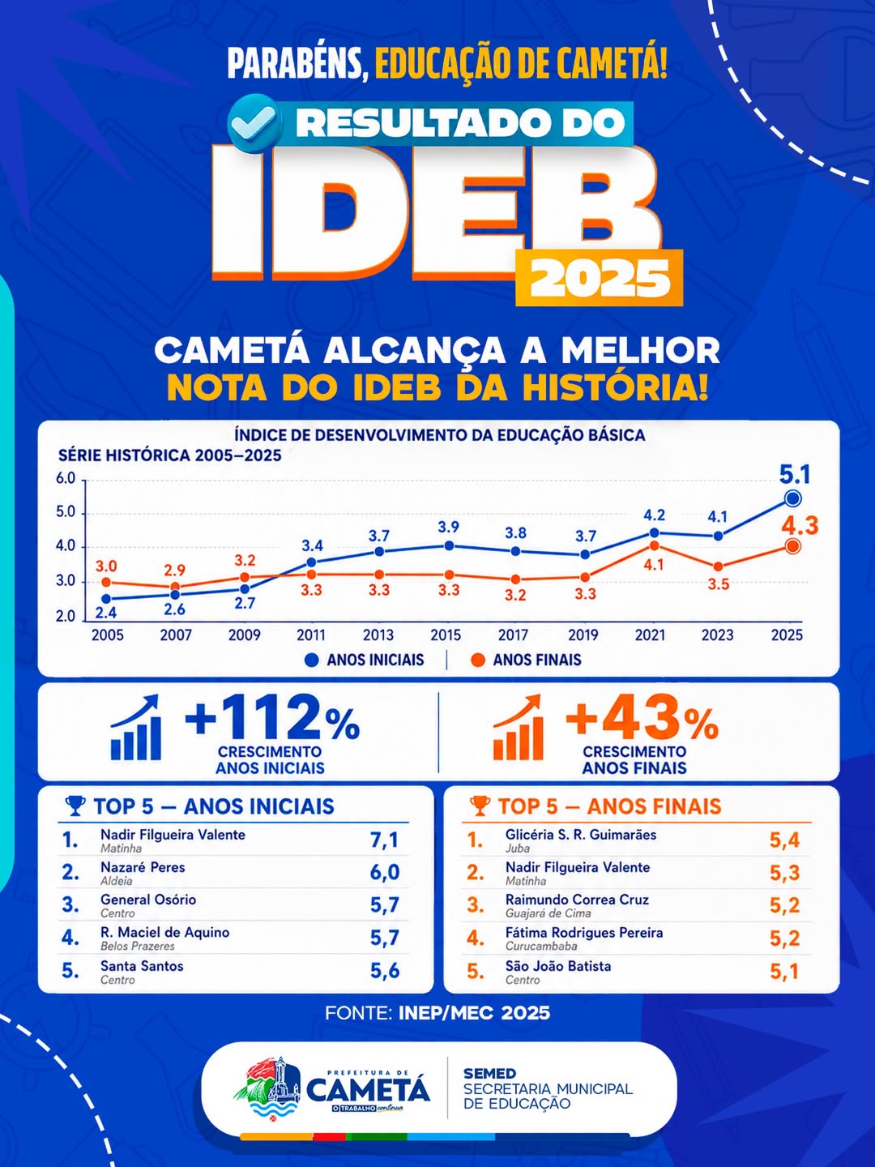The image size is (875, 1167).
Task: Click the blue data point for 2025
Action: coord(792,498)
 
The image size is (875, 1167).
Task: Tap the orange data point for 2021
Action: coord(655,545)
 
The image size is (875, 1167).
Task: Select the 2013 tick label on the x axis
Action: coord(378,635)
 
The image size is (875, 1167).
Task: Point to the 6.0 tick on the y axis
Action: coord(66,478)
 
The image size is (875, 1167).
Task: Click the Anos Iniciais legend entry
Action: coord(365,660)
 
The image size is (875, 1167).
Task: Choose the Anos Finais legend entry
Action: coord(527,660)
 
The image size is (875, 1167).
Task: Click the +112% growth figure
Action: coord(272,718)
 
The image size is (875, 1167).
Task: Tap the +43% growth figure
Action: coord(642,719)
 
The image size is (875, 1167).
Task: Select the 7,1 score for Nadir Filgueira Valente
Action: coord(384,840)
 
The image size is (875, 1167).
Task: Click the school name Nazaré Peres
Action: coord(143,867)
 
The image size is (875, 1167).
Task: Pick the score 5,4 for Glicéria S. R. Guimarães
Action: coord(784,840)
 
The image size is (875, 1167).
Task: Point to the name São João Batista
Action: coord(558,965)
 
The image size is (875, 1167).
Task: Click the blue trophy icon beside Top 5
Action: coord(75,806)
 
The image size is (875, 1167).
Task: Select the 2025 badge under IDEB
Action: coord(600,278)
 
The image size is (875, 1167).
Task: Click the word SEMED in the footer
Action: coord(490,1074)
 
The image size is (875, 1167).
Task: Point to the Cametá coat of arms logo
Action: coord(268,1086)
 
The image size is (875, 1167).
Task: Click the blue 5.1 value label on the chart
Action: coord(795,474)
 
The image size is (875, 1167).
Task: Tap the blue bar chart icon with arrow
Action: coord(135,727)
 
